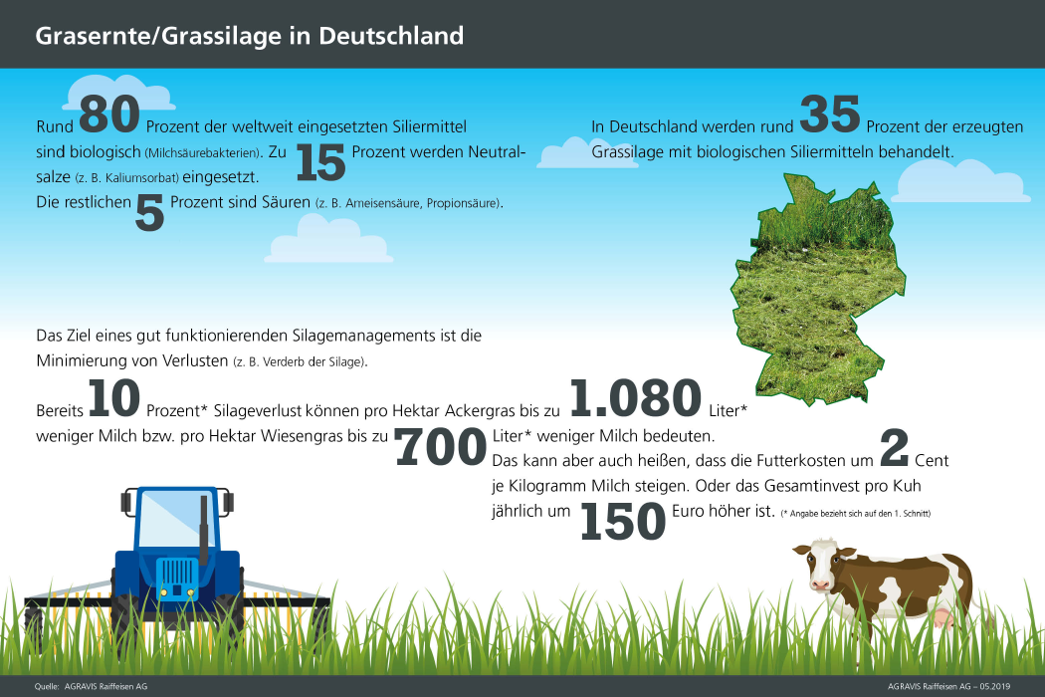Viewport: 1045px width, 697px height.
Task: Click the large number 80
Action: (x=109, y=115)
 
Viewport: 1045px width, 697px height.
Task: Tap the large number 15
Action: (x=320, y=162)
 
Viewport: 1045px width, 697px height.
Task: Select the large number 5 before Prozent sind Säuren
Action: (x=149, y=213)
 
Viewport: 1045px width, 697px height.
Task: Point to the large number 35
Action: (x=830, y=115)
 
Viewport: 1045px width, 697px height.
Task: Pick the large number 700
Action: (x=441, y=447)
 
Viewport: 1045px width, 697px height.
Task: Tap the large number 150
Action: (x=623, y=521)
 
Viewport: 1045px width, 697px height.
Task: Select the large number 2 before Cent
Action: (x=895, y=447)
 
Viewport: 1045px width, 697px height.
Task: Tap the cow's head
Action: (x=824, y=566)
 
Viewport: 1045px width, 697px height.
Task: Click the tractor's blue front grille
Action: (x=177, y=578)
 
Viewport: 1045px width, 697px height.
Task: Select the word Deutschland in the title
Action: (x=391, y=36)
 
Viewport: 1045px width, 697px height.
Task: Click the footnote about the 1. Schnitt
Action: (x=856, y=514)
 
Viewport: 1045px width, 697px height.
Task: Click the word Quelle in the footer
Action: (x=47, y=686)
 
